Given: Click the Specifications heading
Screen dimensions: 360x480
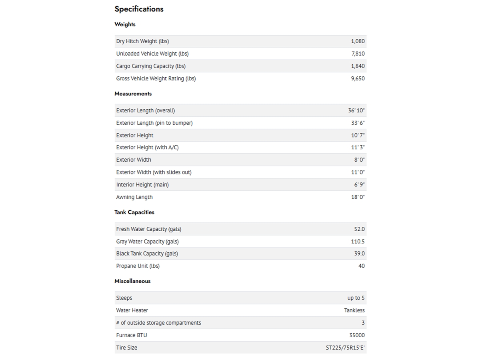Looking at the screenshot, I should click(139, 9).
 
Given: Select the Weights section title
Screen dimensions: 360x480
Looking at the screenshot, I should click(125, 24).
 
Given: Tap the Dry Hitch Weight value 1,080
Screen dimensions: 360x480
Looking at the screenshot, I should click(358, 41).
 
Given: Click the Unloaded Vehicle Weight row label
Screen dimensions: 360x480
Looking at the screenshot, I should click(152, 54).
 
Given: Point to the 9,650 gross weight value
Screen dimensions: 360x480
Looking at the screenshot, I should click(358, 78).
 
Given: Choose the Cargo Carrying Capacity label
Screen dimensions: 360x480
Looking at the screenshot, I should click(151, 66).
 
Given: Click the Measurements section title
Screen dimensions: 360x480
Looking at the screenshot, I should click(133, 94).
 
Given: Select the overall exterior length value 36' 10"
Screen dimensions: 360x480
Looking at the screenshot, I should click(356, 110).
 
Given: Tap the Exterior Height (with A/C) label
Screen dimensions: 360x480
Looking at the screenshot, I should click(147, 147).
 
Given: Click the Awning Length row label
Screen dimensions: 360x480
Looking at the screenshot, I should click(134, 197).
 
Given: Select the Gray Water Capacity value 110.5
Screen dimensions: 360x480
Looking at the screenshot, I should click(358, 241).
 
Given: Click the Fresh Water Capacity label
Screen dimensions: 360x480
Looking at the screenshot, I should click(148, 229).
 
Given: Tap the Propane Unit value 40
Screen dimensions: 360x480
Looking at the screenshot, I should click(361, 266).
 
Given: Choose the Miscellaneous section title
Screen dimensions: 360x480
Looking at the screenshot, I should click(132, 281).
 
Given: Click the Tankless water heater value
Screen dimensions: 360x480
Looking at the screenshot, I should click(354, 310).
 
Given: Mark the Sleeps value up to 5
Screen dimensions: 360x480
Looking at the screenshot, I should click(356, 298).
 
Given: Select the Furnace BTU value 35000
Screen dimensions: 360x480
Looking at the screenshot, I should click(357, 335).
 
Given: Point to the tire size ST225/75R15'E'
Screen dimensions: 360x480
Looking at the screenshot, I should click(345, 348).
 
